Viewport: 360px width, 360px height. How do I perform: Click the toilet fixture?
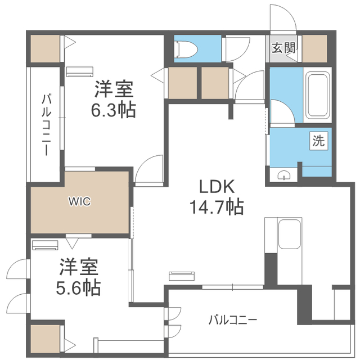186,49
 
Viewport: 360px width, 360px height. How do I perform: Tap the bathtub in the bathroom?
317,95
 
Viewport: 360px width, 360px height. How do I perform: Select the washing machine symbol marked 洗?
318,141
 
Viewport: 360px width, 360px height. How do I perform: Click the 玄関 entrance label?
283,48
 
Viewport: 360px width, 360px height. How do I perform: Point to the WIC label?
80,202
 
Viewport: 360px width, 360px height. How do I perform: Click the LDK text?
217,186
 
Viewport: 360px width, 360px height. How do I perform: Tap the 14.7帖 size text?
216,207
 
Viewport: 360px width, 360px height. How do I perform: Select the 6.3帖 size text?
114,110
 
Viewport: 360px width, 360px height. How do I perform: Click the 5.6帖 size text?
78,287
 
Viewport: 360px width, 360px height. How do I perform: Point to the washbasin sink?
283,175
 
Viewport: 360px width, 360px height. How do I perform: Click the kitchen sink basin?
289,234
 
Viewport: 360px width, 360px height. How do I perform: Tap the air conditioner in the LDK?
182,276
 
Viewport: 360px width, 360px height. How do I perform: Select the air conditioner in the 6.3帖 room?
80,71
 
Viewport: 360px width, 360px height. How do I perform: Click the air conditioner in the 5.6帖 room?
45,245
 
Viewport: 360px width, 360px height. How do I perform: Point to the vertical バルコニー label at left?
46,125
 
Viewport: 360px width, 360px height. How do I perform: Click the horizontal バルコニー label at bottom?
232,320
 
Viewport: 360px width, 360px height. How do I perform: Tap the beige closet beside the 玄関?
314,48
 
